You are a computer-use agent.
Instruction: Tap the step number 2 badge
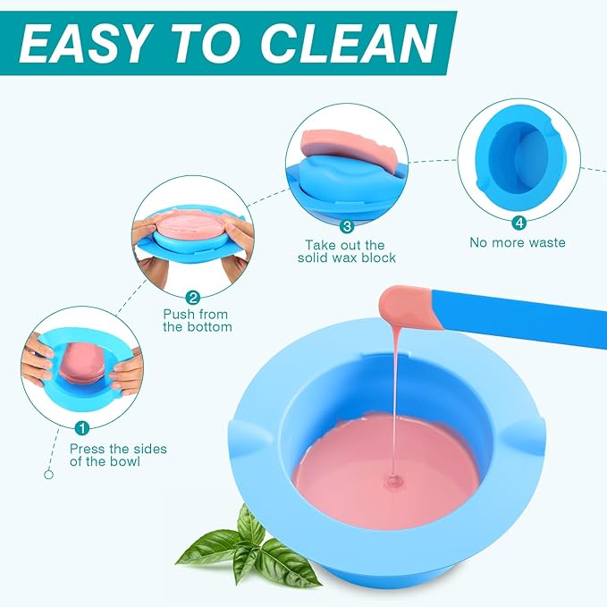pos(192,297)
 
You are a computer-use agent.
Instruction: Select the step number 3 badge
pos(347,227)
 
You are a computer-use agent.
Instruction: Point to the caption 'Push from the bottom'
pos(197,320)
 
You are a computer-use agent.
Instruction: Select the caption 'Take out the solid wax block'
pos(344,251)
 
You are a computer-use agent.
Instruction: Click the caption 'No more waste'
pos(518,242)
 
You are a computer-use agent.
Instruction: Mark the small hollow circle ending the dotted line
pos(49,475)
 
